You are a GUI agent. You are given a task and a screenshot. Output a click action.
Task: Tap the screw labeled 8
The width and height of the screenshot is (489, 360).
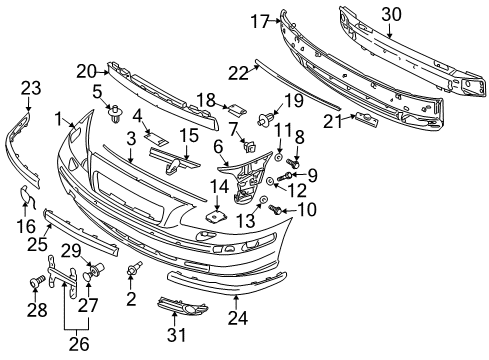coord(293,162)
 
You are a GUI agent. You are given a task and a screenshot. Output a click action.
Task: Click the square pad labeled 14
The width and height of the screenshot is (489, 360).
coord(215,214)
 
